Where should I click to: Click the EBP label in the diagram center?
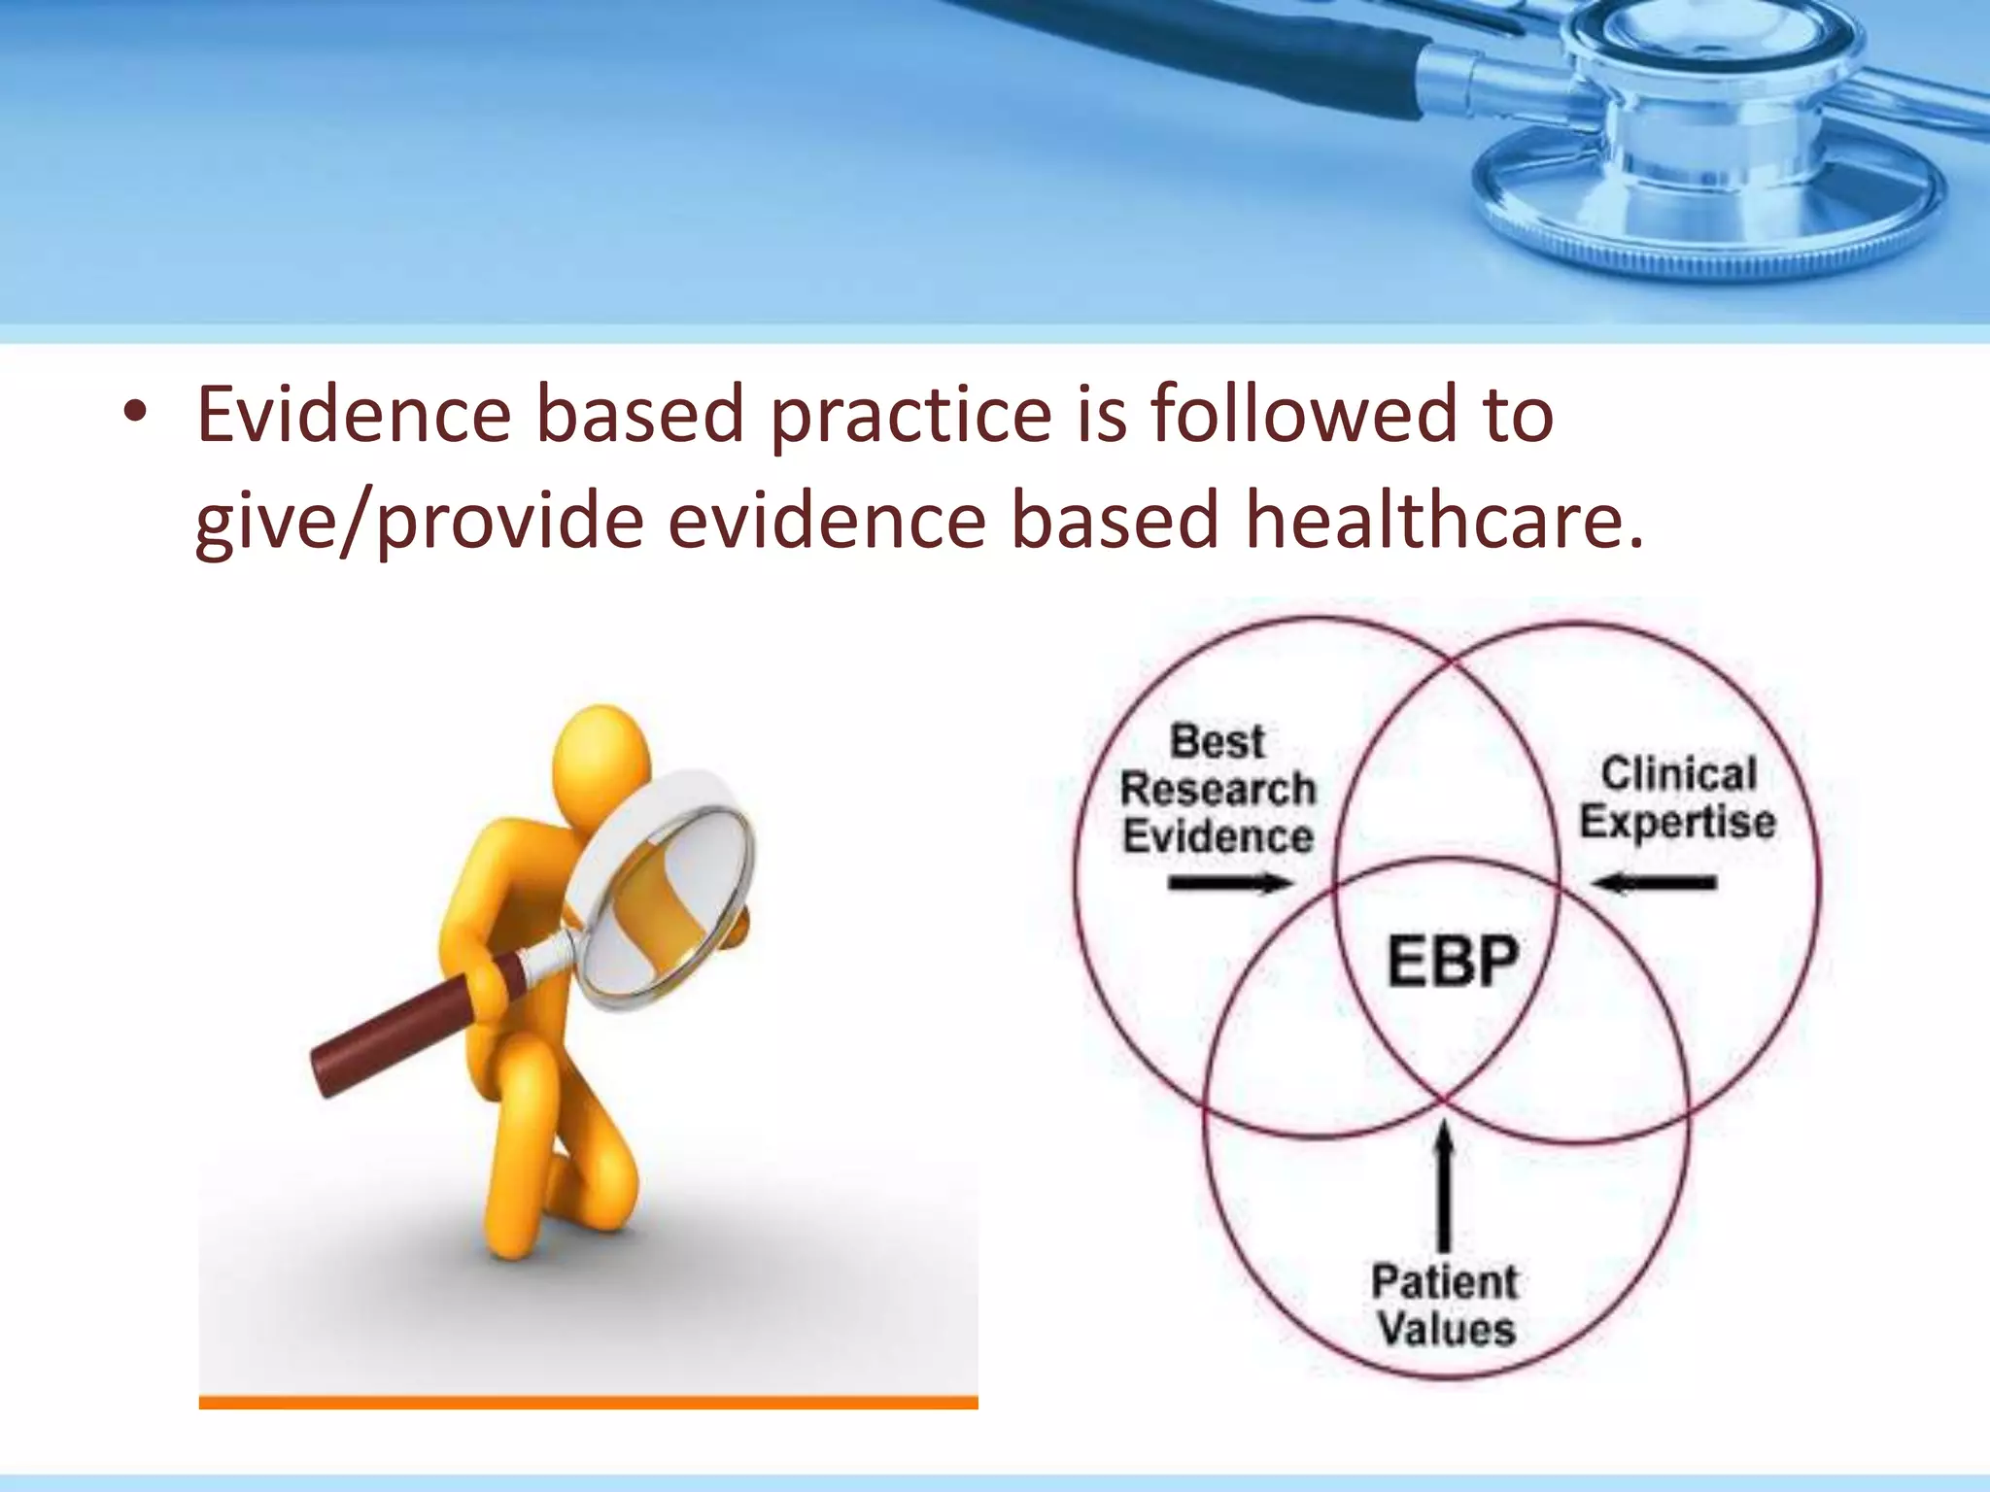[x=1452, y=962]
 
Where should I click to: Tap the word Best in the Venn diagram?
[x=1218, y=742]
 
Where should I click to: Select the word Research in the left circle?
[x=1218, y=789]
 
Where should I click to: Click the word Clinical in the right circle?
[x=1679, y=774]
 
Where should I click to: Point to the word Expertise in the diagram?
[x=1677, y=822]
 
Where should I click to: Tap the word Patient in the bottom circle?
[x=1444, y=1282]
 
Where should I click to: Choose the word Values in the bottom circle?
[x=1446, y=1329]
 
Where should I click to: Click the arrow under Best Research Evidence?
[x=1230, y=883]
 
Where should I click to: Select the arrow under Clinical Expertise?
[x=1655, y=883]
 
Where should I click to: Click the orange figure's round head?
[x=601, y=758]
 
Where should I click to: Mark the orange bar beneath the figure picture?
[x=588, y=1402]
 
